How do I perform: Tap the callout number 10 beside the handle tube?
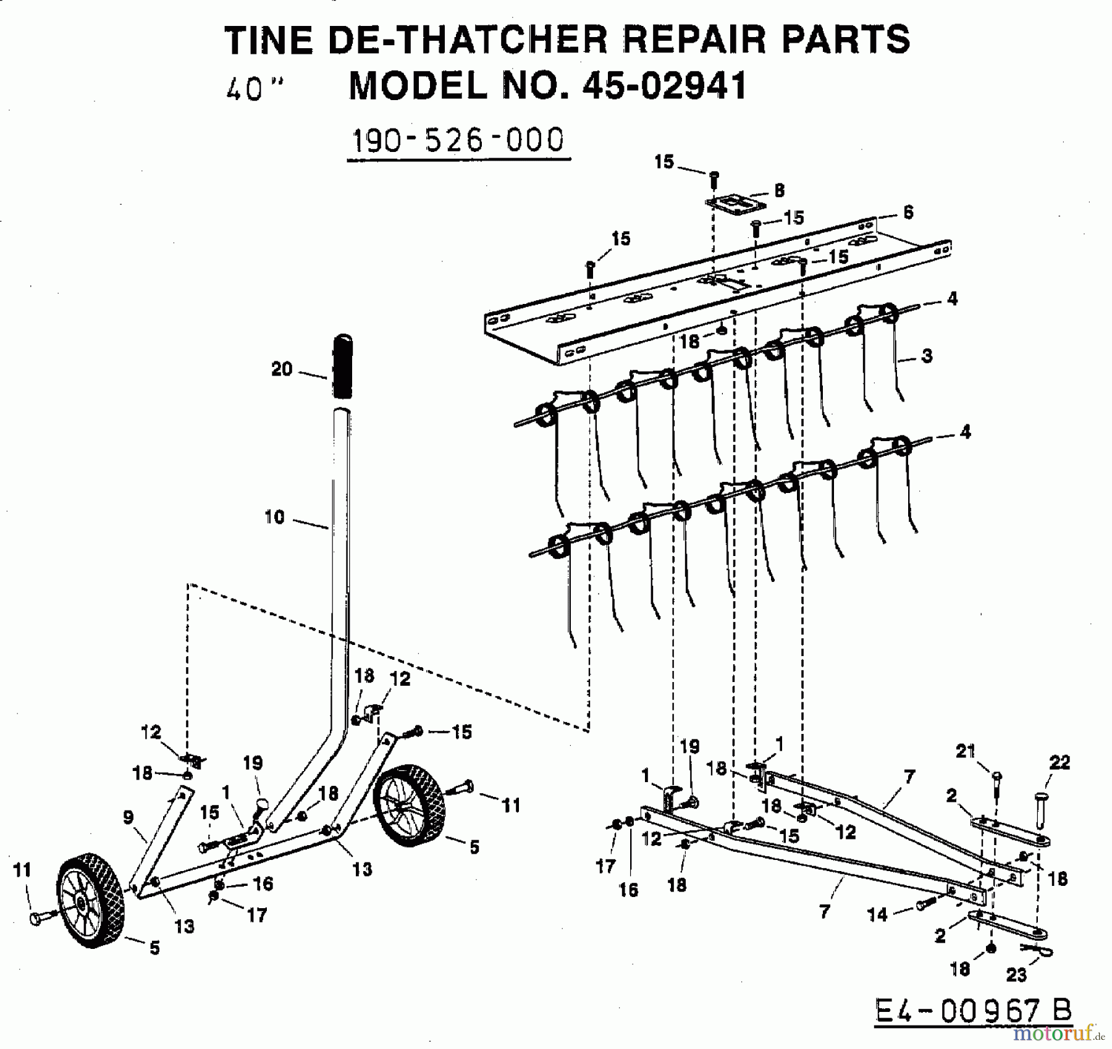(x=274, y=517)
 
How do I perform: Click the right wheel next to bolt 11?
(x=410, y=806)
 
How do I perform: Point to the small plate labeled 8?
(x=736, y=203)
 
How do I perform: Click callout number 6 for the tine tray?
(x=907, y=213)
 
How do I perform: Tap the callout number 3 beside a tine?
(x=926, y=356)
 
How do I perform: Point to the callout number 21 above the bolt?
(x=966, y=752)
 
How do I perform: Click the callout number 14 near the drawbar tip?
(x=877, y=914)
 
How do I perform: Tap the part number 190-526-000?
(x=458, y=140)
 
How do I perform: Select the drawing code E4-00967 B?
(x=973, y=1011)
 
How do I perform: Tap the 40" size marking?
(x=254, y=90)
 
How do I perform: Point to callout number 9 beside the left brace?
(x=128, y=817)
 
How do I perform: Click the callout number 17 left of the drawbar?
(x=605, y=866)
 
